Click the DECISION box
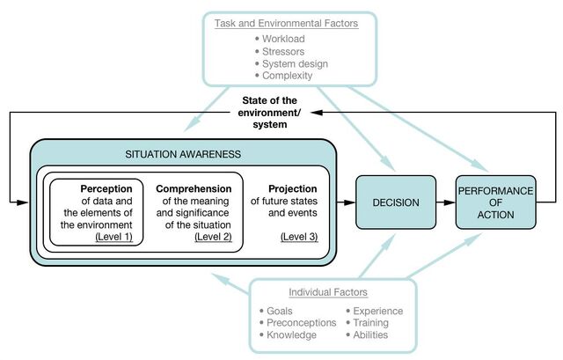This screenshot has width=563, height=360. pos(396,202)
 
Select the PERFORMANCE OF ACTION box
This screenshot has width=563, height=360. pos(496,202)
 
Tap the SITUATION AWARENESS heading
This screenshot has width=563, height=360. pos(183,154)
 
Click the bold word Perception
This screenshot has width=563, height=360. pos(106,188)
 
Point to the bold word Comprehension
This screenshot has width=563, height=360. pos(194,188)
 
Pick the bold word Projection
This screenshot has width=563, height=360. pos(293,188)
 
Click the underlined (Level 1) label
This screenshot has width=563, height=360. pos(113,237)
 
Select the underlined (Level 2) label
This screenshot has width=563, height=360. pos(213,237)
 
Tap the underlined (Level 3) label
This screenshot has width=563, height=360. pos(299,237)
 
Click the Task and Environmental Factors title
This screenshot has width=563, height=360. pos(286,24)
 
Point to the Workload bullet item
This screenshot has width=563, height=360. pos(280,39)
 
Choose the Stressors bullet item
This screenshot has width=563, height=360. pos(280,51)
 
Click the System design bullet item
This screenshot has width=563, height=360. pos(291,64)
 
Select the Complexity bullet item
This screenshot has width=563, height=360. pos(283,76)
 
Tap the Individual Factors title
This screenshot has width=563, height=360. pos(328,292)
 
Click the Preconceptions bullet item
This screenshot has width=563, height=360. pos(298,323)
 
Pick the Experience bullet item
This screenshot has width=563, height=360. pos(375,311)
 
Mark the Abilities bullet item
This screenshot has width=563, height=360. pos(367,334)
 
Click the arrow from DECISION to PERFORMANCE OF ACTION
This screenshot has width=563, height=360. pos(446,202)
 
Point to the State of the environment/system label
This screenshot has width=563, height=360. pos(269,113)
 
